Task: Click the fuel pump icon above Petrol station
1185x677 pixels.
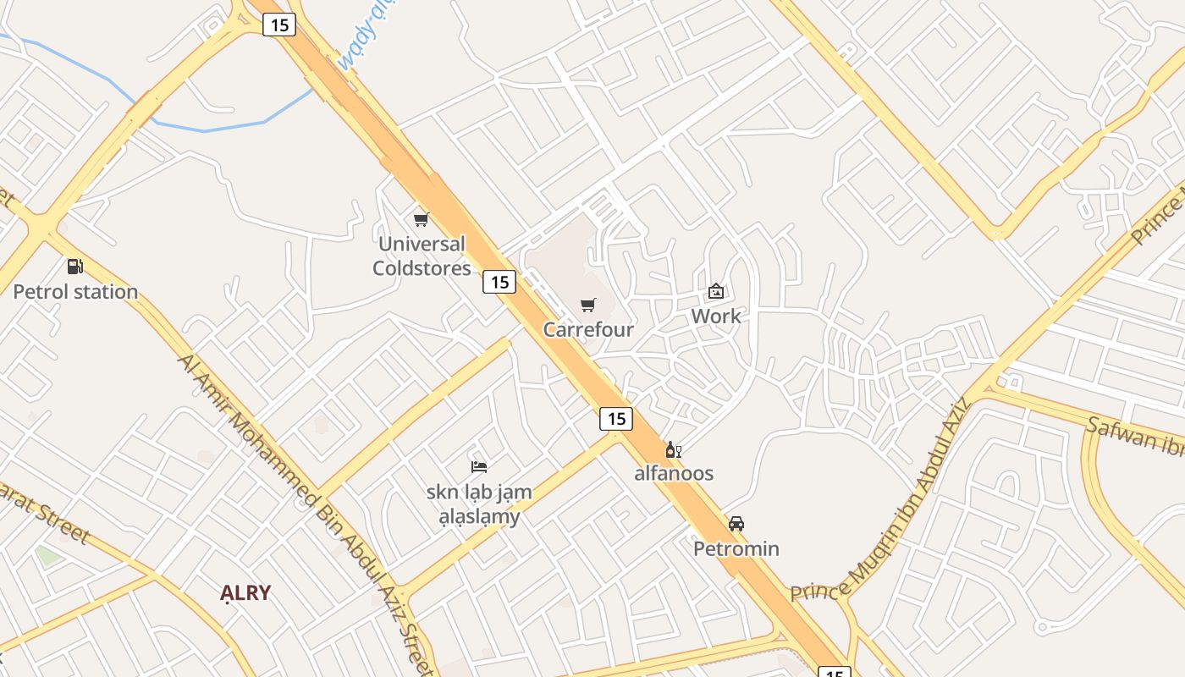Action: (75, 267)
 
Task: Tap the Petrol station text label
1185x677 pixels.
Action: (75, 292)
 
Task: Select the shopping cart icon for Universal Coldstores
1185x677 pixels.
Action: (422, 220)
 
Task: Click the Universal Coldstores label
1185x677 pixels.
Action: (422, 256)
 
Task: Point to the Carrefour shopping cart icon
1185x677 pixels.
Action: (588, 305)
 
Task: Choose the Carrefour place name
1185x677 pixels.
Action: (588, 330)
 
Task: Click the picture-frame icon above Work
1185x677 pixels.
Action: (716, 291)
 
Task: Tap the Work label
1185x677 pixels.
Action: (716, 316)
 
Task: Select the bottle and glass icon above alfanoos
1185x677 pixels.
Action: (674, 449)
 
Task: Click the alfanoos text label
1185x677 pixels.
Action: (674, 473)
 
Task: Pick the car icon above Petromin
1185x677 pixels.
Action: (736, 524)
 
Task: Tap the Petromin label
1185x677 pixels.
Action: (736, 549)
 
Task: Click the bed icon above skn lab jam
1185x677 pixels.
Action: (479, 466)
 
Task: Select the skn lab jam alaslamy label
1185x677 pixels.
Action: (479, 504)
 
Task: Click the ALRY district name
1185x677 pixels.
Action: (245, 593)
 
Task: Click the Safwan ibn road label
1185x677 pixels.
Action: (1134, 435)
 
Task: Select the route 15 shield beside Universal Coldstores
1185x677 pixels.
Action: (499, 282)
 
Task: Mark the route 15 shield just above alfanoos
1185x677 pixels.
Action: (616, 418)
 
